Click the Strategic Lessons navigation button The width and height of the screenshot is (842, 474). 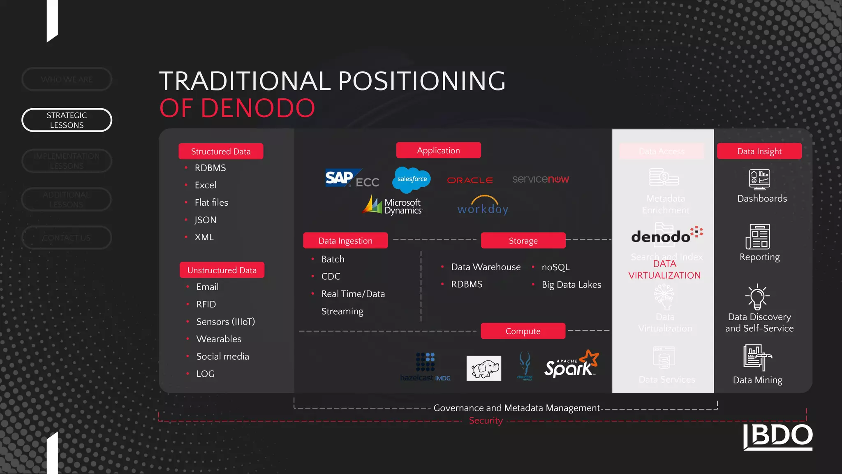[x=67, y=120]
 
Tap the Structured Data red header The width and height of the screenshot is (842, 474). [x=221, y=151]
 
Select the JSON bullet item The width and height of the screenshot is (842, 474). [x=205, y=220]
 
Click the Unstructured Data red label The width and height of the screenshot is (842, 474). [x=222, y=270]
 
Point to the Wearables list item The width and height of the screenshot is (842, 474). [x=219, y=339]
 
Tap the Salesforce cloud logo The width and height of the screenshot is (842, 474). [x=412, y=179]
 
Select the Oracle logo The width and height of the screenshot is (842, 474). [x=470, y=180]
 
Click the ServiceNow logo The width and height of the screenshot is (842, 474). [x=540, y=179]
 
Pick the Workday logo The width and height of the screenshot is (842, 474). [x=483, y=206]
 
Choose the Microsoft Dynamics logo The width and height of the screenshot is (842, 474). [x=393, y=205]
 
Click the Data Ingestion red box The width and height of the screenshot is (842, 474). [x=345, y=241]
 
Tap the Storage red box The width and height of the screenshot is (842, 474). [x=523, y=241]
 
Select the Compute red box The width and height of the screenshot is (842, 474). [x=523, y=331]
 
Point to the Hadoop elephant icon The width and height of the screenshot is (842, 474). [x=484, y=368]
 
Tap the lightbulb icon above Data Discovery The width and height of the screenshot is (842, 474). [x=757, y=297]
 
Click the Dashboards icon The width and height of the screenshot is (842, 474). [x=759, y=180]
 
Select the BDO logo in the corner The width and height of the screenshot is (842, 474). [x=778, y=437]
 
